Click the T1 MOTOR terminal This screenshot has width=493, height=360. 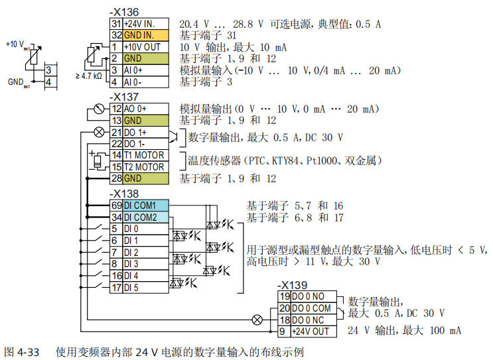point(144,155)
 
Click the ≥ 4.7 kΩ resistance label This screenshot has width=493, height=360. point(88,76)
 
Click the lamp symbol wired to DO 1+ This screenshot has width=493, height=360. point(100,132)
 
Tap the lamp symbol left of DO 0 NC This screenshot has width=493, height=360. point(257,319)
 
